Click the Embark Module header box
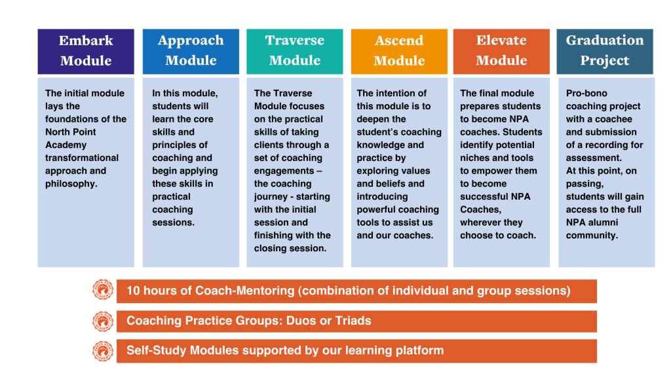(x=86, y=51)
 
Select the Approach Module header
(x=191, y=51)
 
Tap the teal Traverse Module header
(x=295, y=51)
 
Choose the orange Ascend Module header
(x=399, y=51)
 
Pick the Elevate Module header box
(x=501, y=51)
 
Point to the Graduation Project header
(x=605, y=51)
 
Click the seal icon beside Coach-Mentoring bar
(x=103, y=290)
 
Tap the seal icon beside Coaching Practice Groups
(x=103, y=321)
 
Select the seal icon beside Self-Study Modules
(x=103, y=351)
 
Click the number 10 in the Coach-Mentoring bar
(x=133, y=291)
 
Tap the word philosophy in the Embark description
(x=71, y=184)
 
